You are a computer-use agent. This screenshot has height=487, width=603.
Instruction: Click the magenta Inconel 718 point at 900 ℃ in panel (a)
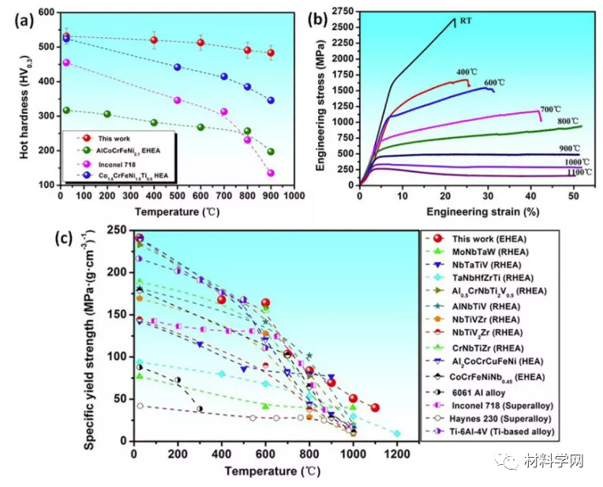pos(271,173)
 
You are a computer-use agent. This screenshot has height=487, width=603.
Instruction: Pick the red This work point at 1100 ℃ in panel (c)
pos(375,407)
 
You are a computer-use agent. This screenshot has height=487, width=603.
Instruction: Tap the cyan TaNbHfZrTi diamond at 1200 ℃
pos(397,433)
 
